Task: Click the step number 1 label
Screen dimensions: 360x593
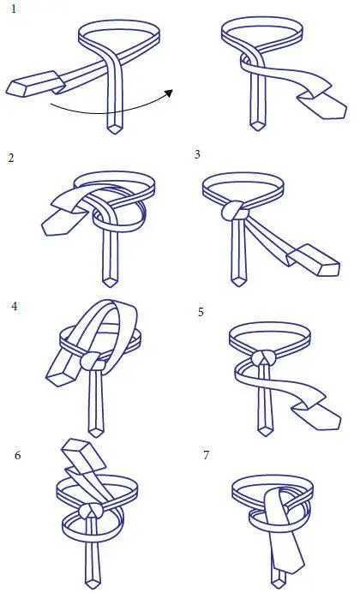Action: coord(14,9)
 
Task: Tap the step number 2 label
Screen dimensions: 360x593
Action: coord(11,158)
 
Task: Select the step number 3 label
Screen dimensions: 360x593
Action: coord(197,154)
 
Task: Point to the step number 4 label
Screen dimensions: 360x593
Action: coord(15,306)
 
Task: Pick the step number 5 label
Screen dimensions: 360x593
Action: coord(201,312)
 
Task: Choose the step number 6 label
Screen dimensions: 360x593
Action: coord(18,455)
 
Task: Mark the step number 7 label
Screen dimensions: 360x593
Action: coord(206,455)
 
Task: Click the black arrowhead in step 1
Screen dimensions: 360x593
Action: coord(169,93)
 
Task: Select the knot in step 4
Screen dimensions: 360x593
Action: coord(93,361)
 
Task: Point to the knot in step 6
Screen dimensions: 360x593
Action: coord(91,511)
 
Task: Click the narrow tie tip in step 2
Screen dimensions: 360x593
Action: coord(111,282)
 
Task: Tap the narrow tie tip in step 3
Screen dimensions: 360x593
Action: coord(238,281)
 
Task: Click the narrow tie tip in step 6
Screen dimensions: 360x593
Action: coord(92,583)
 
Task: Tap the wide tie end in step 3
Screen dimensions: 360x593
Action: coord(314,261)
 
